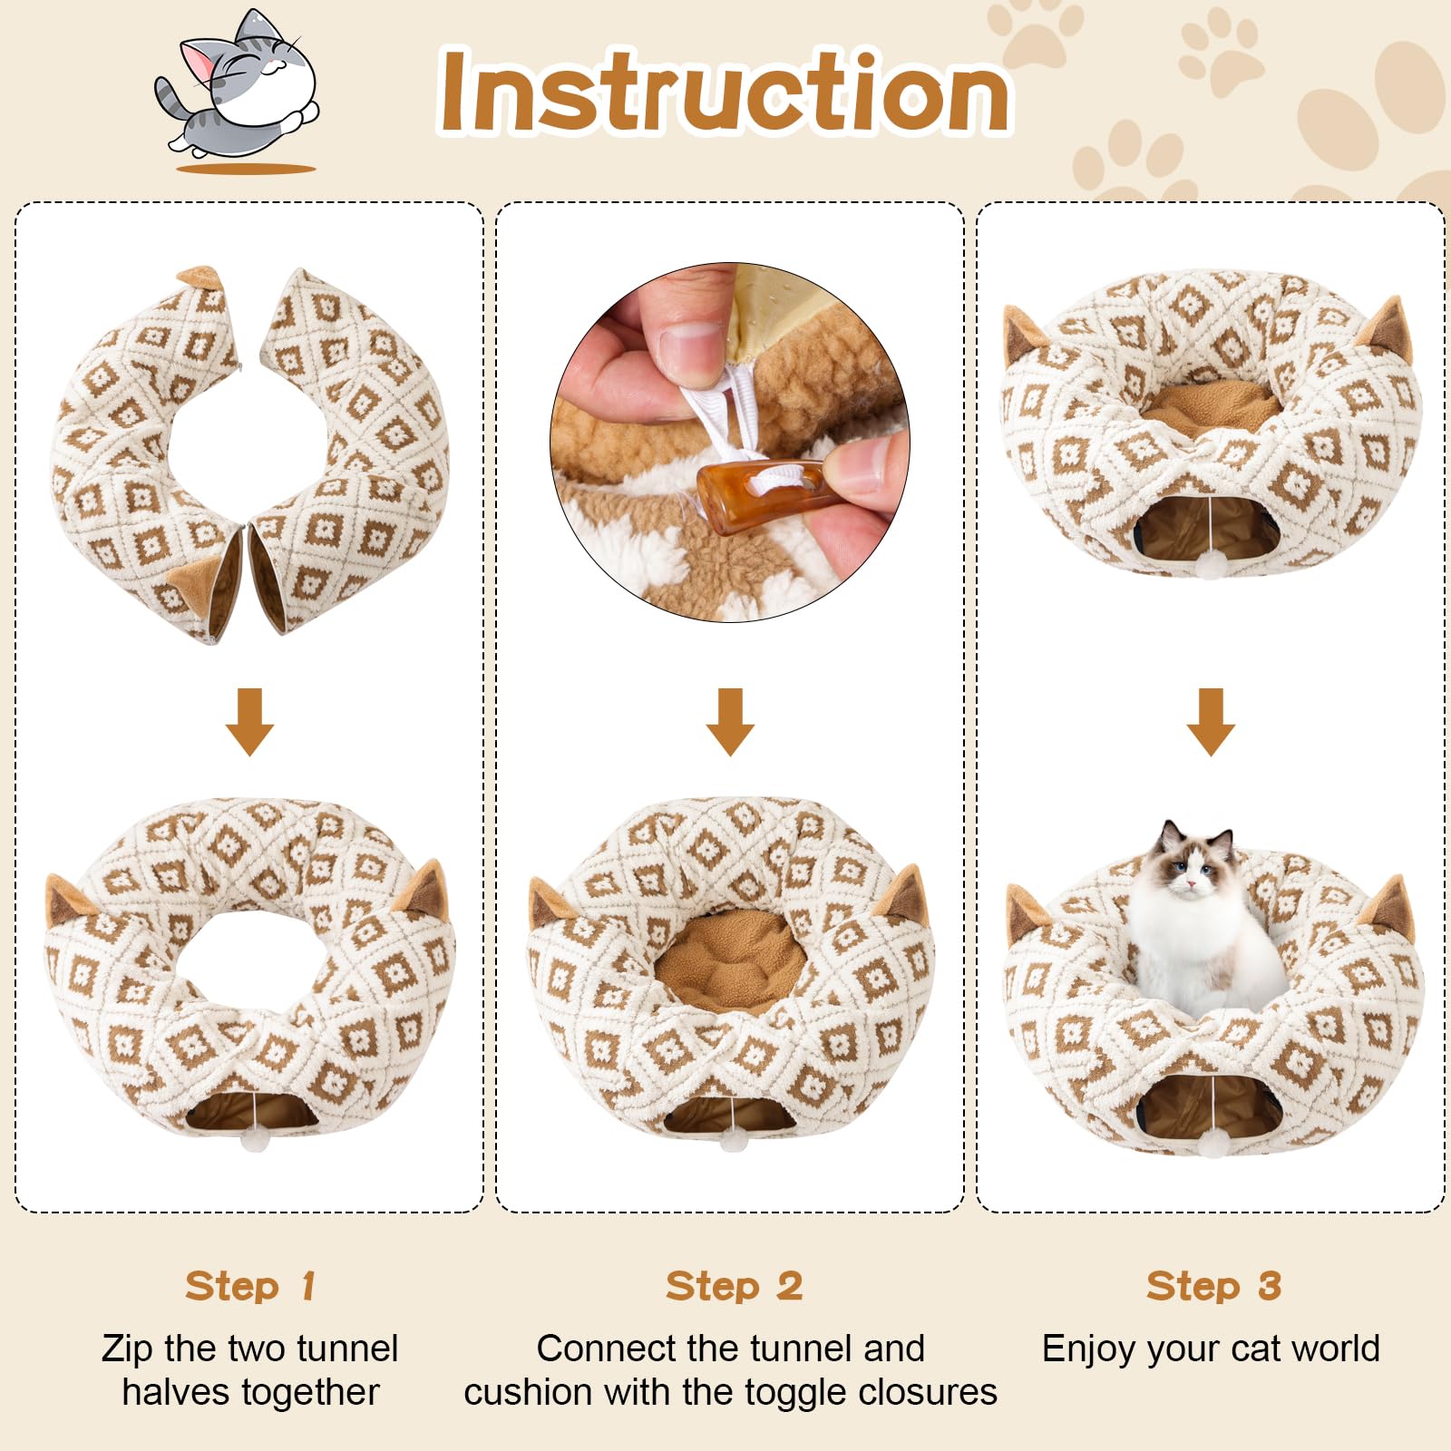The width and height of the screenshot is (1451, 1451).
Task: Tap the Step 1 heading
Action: click(x=250, y=1286)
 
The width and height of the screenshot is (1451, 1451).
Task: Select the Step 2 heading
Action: click(x=734, y=1286)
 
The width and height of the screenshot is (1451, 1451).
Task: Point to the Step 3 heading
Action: click(x=1213, y=1286)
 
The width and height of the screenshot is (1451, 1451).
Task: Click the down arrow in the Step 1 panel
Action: click(x=249, y=721)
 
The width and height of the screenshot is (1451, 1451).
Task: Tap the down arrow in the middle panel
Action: click(x=730, y=721)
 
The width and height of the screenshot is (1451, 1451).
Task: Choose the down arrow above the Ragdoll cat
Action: click(x=1211, y=721)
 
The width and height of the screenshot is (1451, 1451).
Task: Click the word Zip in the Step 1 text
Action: click(x=127, y=1349)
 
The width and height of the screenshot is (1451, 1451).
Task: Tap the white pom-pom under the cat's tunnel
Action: click(x=1212, y=1147)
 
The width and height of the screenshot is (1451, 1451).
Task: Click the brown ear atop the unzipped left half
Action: click(x=201, y=276)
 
